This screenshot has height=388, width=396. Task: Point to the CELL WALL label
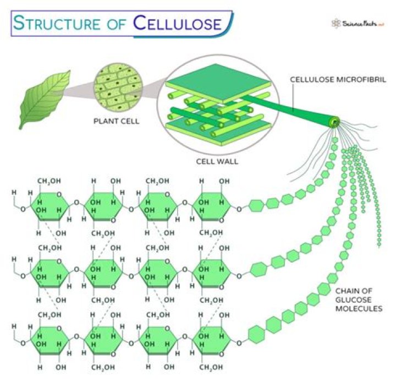tap(214, 162)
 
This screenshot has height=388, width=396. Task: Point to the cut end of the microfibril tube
tap(333, 123)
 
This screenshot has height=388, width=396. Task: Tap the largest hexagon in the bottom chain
tap(257, 334)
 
